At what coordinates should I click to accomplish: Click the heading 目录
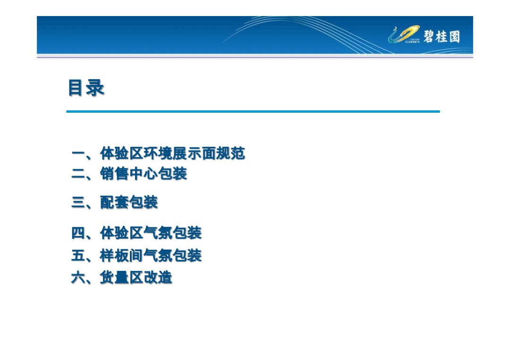click(86, 88)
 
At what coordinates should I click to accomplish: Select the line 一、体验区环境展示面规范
click(158, 153)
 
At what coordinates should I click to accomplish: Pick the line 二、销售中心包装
click(129, 174)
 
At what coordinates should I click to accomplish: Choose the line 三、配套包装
click(114, 202)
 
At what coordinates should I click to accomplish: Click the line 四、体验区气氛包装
click(136, 233)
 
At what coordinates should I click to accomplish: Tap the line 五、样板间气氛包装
click(136, 256)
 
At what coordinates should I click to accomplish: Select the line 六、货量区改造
click(121, 277)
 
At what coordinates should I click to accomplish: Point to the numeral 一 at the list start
click(78, 154)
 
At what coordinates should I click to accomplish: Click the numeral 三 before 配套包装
click(78, 203)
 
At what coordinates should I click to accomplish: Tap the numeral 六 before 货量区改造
click(78, 278)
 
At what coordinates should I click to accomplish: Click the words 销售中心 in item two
click(129, 174)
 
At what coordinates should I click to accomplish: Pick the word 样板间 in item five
click(121, 256)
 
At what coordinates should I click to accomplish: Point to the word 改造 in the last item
click(158, 277)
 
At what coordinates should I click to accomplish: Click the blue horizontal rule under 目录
click(253, 111)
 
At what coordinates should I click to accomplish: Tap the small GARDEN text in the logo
click(412, 42)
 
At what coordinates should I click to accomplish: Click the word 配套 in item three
click(114, 202)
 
